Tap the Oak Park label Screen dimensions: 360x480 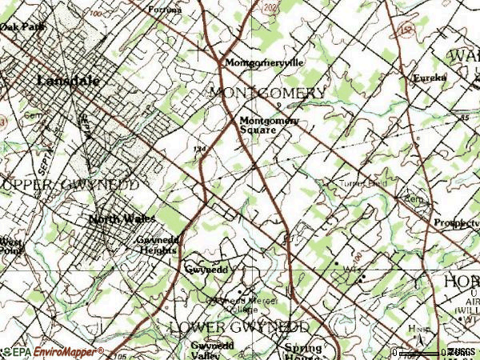pos(22,26)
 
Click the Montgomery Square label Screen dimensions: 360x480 pos(269,125)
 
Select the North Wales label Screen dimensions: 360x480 pos(122,219)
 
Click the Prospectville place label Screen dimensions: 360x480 pos(455,223)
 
